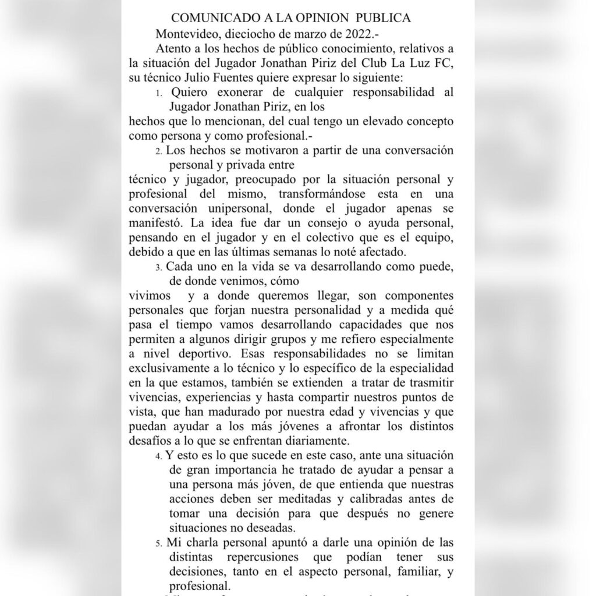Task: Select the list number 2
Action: [159, 151]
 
